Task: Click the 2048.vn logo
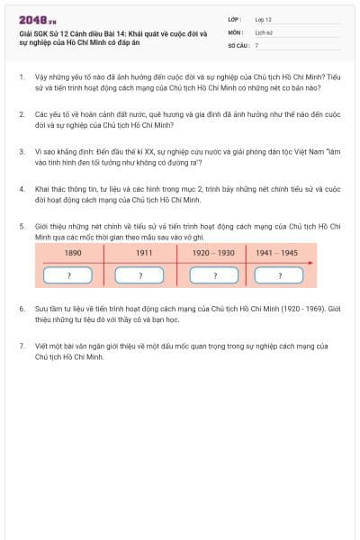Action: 38,19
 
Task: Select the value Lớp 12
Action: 263,19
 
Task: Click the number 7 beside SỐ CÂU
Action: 256,44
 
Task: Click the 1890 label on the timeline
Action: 74,253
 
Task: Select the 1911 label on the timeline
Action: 144,253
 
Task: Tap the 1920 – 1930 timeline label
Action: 213,253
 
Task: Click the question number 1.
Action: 21,77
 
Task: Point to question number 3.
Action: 21,153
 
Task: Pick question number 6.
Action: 21,308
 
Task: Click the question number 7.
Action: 21,346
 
